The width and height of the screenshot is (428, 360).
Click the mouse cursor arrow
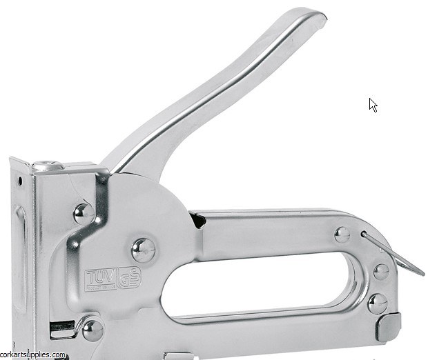click(x=373, y=105)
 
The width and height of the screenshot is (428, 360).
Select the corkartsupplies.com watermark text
click(x=33, y=355)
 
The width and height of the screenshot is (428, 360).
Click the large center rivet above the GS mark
click(x=143, y=248)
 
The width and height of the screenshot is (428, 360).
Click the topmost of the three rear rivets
click(x=342, y=234)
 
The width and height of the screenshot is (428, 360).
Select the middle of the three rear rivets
click(x=380, y=271)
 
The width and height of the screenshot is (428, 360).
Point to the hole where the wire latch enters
click(x=364, y=234)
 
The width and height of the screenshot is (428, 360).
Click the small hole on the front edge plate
click(x=20, y=181)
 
